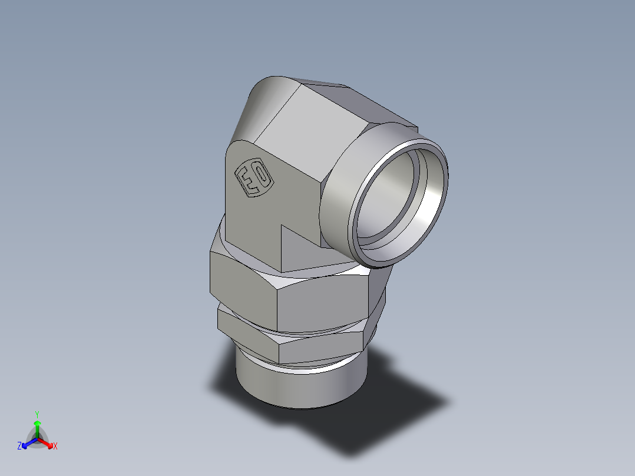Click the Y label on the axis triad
click(37, 414)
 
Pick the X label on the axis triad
click(55, 447)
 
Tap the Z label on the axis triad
click(19, 447)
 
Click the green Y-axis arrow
click(37, 427)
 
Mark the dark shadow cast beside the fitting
click(383, 412)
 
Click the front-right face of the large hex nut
click(321, 303)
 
